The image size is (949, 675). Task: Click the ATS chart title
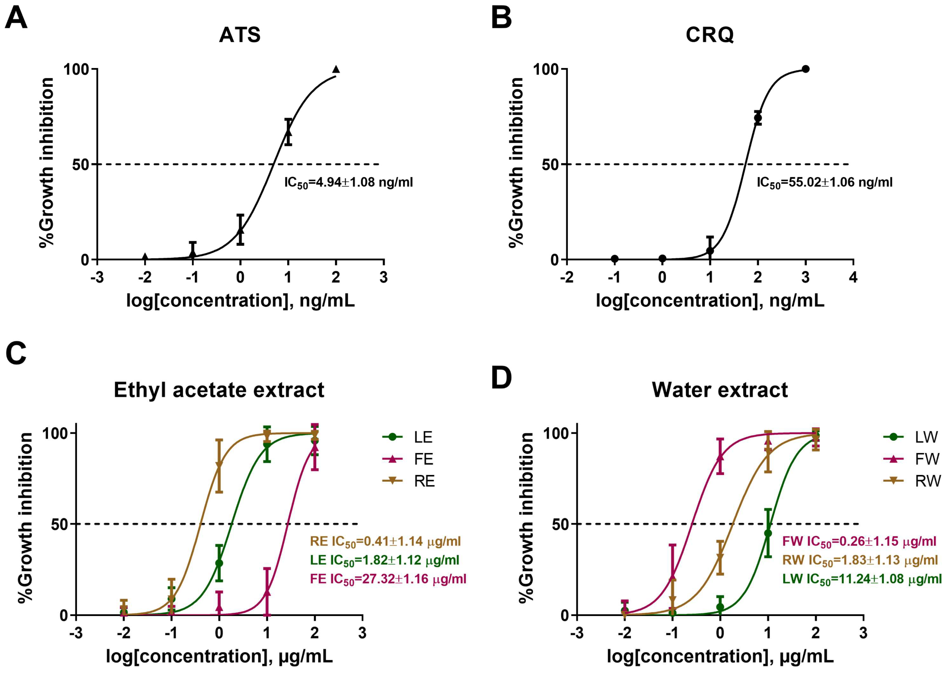coord(240,35)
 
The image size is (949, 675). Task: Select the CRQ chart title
coord(710,35)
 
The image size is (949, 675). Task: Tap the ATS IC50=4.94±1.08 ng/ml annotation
coord(348,183)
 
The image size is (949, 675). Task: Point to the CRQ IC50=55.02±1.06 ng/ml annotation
coord(824,183)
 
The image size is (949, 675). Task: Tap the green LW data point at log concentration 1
coord(768,533)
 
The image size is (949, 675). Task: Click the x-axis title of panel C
coord(219,657)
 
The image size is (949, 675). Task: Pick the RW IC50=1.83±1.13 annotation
coord(860,560)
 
